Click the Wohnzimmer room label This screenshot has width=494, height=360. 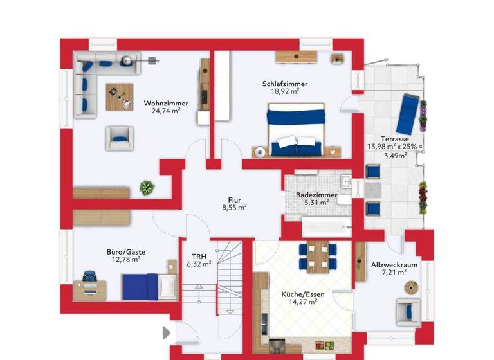(166, 103)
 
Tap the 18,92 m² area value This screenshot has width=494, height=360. (284, 92)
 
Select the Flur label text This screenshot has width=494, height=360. (234, 199)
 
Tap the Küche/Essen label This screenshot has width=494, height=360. (303, 294)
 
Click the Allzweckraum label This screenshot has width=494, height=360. (394, 265)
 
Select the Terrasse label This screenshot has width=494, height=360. (394, 139)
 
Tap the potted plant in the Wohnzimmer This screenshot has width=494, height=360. (147, 188)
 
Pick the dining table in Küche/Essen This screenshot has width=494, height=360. (318, 256)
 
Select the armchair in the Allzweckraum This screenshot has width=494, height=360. (408, 312)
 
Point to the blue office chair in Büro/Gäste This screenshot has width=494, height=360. (90, 278)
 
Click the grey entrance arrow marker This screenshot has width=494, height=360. (167, 332)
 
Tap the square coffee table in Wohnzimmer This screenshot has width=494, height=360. (120, 97)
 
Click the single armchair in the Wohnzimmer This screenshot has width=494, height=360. (120, 137)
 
